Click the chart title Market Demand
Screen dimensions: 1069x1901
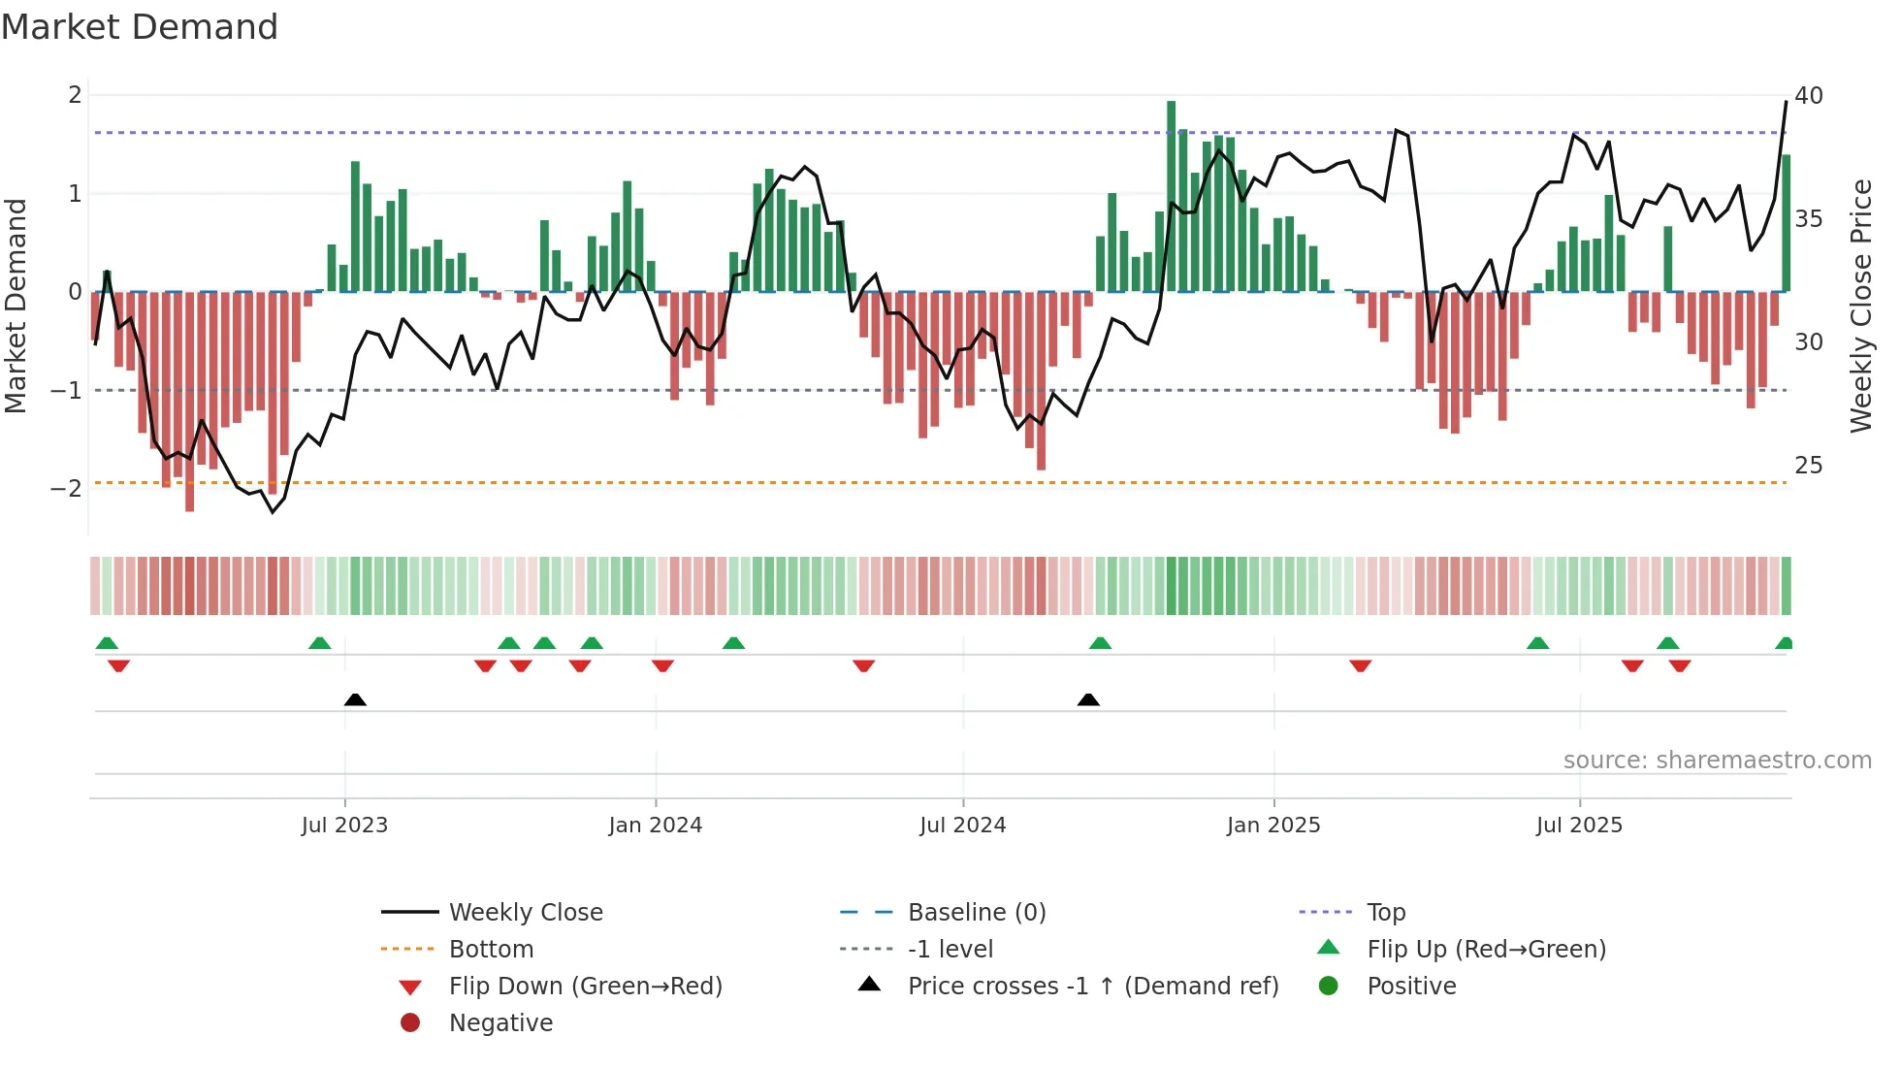point(140,27)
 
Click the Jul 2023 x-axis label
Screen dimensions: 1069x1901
point(344,826)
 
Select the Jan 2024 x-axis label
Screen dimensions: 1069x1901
point(655,826)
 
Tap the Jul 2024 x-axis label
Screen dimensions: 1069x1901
point(962,826)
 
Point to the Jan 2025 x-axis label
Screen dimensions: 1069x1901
point(1273,826)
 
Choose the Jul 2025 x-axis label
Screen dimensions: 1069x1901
point(1579,826)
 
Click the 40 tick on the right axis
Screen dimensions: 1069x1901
point(1808,96)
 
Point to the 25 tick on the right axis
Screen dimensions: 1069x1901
point(1808,466)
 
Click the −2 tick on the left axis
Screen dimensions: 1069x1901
point(67,489)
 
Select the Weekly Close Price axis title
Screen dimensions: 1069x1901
point(1860,306)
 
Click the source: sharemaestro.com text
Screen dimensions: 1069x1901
point(1717,761)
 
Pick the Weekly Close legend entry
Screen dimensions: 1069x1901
point(525,913)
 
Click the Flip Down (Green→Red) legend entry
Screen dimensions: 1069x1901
point(585,987)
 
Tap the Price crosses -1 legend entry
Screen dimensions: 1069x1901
point(1092,987)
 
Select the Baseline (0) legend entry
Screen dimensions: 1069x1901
point(976,913)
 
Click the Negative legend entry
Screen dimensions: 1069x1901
point(500,1023)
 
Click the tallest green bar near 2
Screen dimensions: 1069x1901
point(1171,194)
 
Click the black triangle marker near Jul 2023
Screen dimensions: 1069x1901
point(355,700)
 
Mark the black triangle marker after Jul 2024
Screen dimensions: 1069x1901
point(1088,700)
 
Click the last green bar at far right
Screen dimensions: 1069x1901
point(1786,223)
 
